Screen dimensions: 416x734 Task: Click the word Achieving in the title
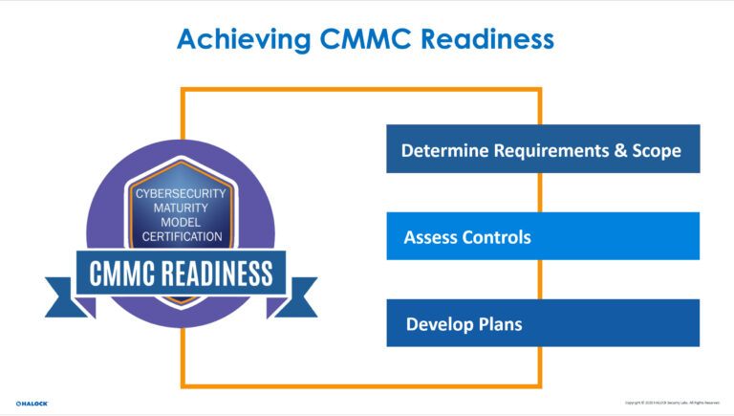(x=240, y=39)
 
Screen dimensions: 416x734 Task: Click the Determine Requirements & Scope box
(x=542, y=149)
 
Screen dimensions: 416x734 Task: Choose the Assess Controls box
(x=542, y=236)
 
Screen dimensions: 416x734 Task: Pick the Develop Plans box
(x=542, y=323)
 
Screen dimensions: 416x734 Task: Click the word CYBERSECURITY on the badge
(x=181, y=193)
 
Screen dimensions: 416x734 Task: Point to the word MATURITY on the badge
(x=181, y=208)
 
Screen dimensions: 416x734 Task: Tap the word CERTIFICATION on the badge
(x=181, y=236)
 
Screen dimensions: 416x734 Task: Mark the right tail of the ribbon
(x=302, y=296)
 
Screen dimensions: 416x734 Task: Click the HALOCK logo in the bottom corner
(x=32, y=403)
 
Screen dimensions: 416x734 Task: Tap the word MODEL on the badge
(x=181, y=222)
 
